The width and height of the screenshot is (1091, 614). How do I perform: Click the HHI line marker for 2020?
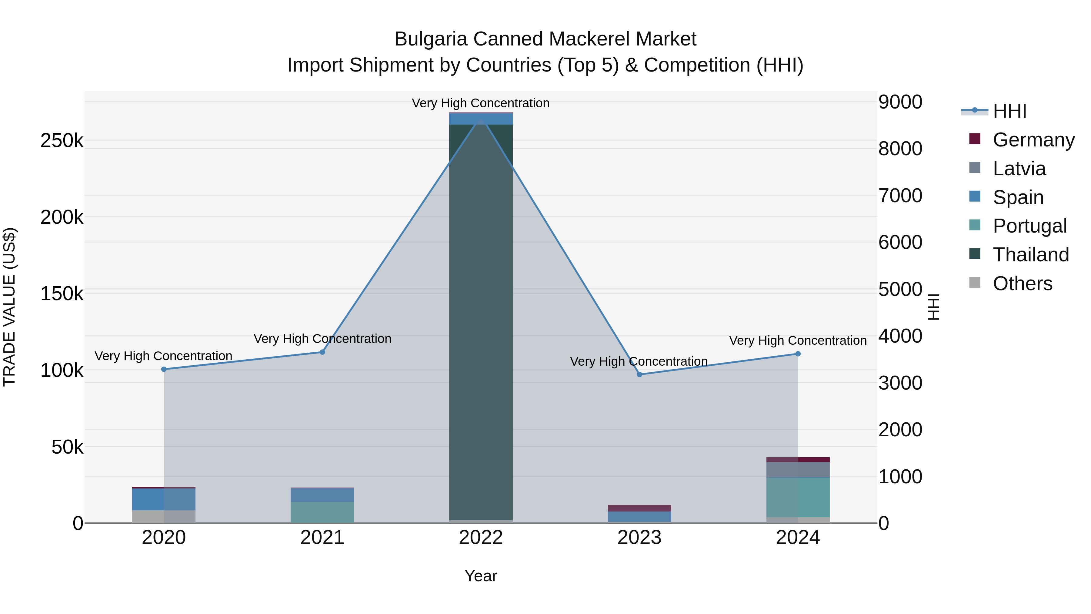[164, 369]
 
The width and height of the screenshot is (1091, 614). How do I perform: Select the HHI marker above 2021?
[322, 352]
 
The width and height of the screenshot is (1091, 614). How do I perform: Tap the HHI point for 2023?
[639, 374]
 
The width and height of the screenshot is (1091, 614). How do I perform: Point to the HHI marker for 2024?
[798, 354]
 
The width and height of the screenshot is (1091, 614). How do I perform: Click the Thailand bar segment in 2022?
[481, 322]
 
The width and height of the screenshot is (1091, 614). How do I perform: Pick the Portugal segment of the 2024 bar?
[798, 498]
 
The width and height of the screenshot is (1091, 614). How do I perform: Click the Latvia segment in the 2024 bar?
[798, 470]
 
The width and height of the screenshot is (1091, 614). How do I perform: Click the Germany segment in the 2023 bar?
[639, 508]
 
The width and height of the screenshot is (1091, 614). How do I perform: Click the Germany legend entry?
[1033, 140]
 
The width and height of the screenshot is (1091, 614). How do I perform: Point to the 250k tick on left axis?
[62, 141]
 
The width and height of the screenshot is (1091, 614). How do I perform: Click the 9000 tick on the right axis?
[900, 102]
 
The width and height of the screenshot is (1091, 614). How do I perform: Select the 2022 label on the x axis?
[481, 538]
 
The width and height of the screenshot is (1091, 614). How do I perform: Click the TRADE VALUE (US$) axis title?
[9, 307]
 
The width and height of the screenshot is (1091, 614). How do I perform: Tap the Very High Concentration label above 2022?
[481, 103]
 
